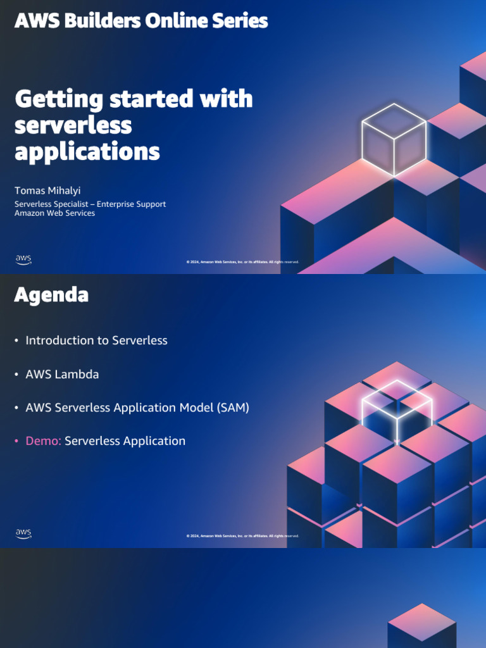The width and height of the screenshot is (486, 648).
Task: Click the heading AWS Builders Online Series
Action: (141, 21)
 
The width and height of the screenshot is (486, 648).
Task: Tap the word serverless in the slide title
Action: (73, 125)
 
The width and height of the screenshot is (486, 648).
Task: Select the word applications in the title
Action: (87, 152)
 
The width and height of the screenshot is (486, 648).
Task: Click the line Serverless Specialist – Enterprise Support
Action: (90, 204)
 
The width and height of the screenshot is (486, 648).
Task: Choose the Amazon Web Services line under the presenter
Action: (54, 213)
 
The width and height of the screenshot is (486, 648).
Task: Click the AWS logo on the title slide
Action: (23, 259)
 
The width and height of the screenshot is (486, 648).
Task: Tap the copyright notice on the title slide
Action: (242, 262)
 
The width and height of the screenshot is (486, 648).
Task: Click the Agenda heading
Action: (51, 295)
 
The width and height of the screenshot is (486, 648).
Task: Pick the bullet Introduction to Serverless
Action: (96, 340)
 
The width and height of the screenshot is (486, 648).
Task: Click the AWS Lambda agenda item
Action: (62, 374)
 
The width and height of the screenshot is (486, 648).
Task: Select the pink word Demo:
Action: (43, 441)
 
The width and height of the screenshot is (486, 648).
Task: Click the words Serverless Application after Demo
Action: (125, 441)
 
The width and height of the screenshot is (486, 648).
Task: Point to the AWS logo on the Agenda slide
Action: (23, 533)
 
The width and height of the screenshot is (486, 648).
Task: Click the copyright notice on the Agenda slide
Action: (242, 536)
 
